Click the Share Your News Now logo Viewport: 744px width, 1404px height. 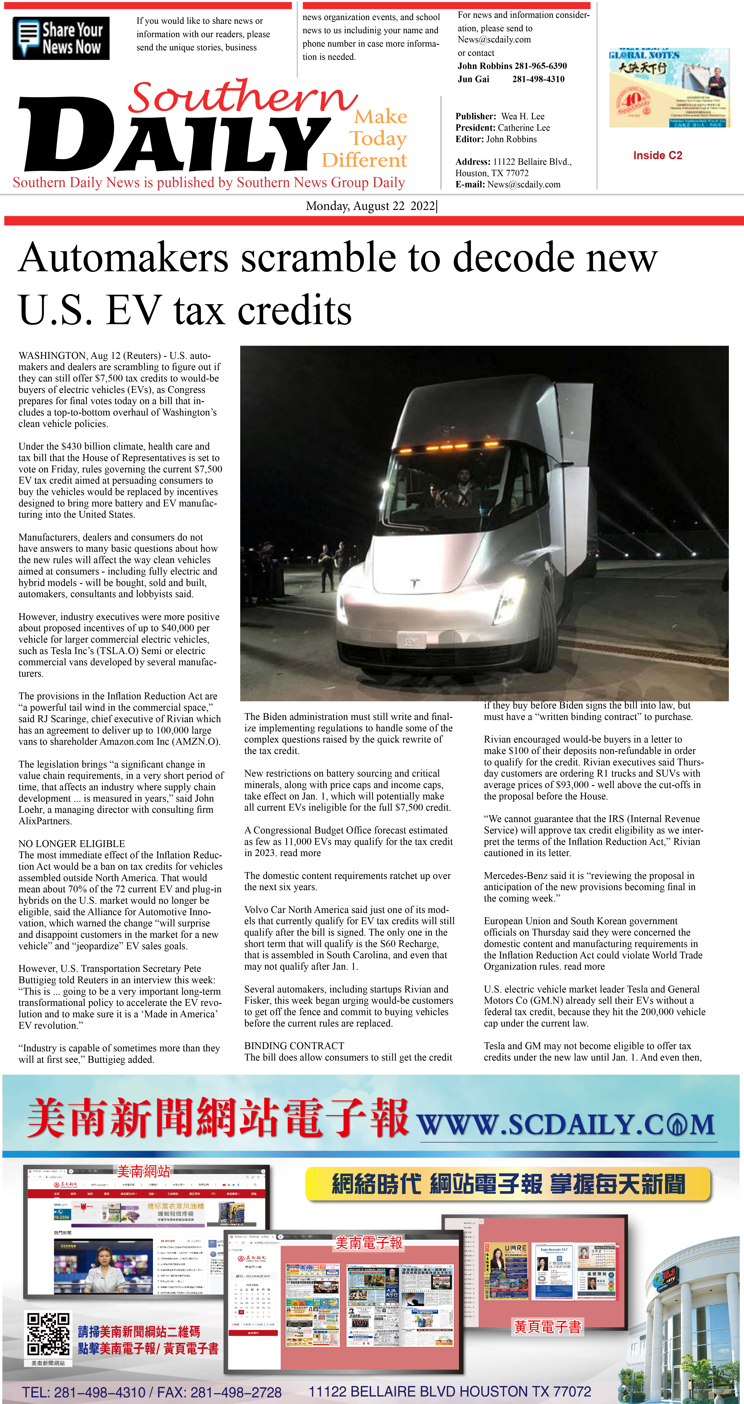(61, 38)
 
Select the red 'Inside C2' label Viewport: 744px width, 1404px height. (657, 155)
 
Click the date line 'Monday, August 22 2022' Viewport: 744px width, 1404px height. (370, 206)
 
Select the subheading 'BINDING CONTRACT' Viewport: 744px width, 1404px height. (294, 1046)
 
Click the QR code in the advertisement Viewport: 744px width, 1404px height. (48, 1334)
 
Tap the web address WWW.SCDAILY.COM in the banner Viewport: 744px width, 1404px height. (566, 1125)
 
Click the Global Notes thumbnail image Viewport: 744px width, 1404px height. (669, 88)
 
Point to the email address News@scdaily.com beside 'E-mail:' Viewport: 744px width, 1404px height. (524, 184)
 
